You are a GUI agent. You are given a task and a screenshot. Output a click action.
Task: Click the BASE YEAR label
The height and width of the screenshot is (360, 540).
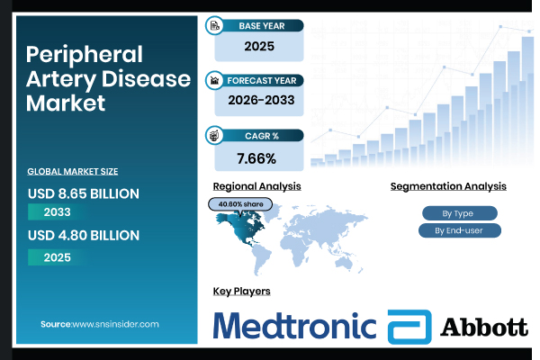(x=262, y=26)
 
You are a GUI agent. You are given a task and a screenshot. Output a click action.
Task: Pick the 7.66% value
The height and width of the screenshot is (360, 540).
(x=258, y=157)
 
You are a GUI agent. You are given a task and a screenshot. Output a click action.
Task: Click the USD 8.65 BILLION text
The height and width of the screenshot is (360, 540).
(x=84, y=193)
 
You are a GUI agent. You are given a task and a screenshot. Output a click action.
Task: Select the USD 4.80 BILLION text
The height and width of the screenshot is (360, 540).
(x=84, y=235)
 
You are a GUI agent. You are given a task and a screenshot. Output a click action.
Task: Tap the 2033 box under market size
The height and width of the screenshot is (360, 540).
(x=58, y=212)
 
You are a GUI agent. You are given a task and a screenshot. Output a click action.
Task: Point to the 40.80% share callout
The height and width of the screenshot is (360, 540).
(x=240, y=204)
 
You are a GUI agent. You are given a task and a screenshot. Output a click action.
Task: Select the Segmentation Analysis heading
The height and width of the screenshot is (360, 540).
(x=448, y=185)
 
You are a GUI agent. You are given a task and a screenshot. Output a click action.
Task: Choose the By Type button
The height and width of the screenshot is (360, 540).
(x=458, y=213)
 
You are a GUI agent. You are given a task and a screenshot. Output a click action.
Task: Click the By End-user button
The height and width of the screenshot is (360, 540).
(x=458, y=230)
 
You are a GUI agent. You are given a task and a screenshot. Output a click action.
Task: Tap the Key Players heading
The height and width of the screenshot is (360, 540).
(x=241, y=291)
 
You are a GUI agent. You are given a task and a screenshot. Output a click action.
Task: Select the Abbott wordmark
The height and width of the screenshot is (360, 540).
(x=483, y=327)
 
